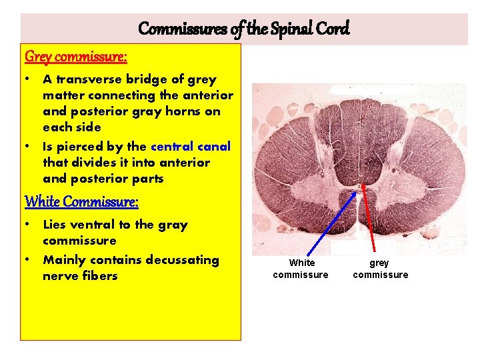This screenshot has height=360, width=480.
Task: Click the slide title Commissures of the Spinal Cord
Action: (x=243, y=29)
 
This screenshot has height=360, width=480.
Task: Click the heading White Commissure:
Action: (x=81, y=201)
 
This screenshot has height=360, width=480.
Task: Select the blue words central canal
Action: (x=191, y=146)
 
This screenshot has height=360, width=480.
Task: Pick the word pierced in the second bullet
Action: (x=84, y=146)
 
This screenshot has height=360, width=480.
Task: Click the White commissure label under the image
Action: (x=301, y=269)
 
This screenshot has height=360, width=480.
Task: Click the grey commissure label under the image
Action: (x=380, y=269)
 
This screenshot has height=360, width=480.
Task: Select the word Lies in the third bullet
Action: (x=57, y=225)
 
